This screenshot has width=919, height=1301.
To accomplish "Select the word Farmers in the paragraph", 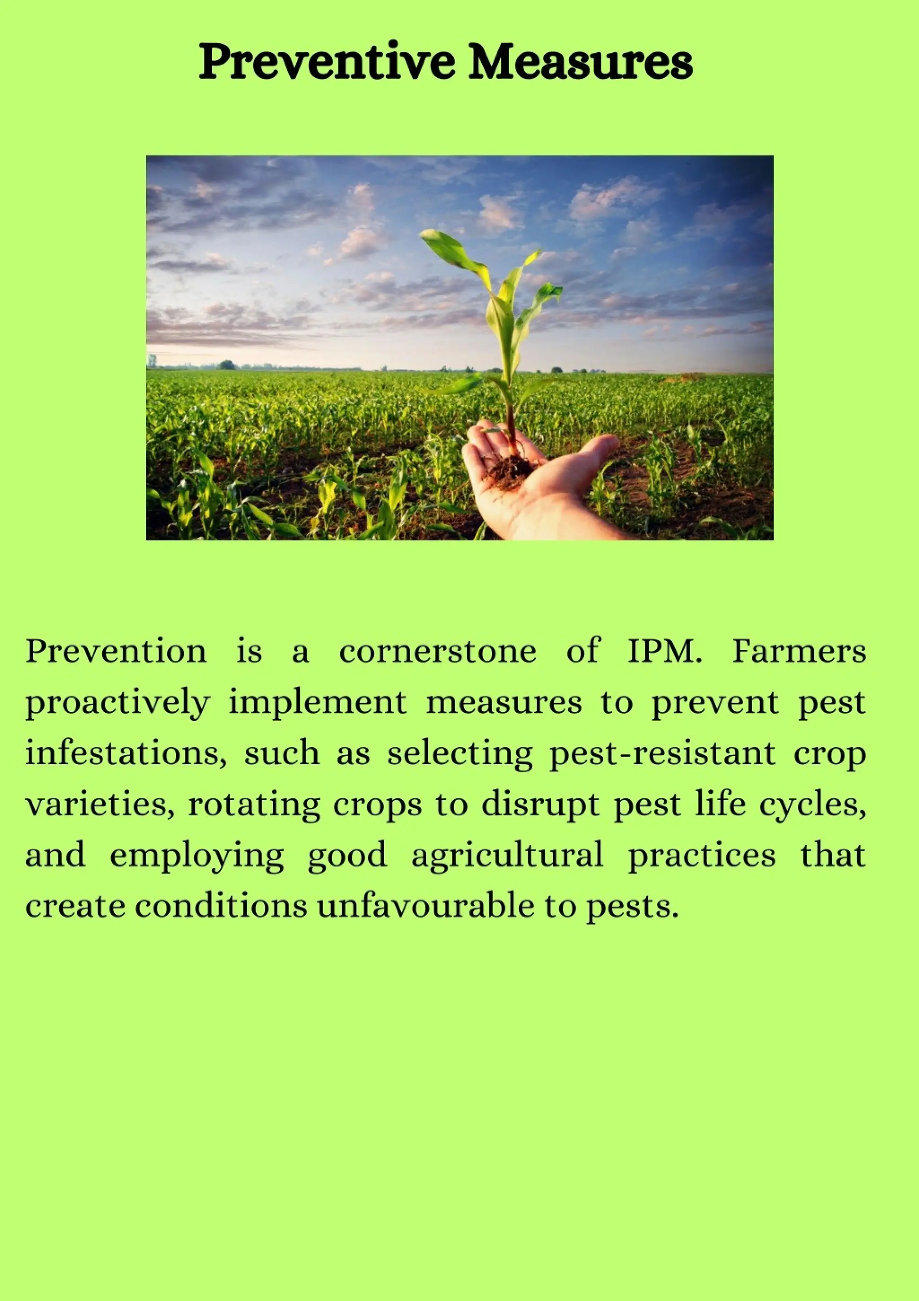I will coord(799,651).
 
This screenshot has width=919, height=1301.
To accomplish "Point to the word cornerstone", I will coord(438,651).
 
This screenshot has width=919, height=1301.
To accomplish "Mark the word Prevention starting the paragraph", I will coord(116,651).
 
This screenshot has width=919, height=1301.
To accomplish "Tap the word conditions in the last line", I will coord(221,906).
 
